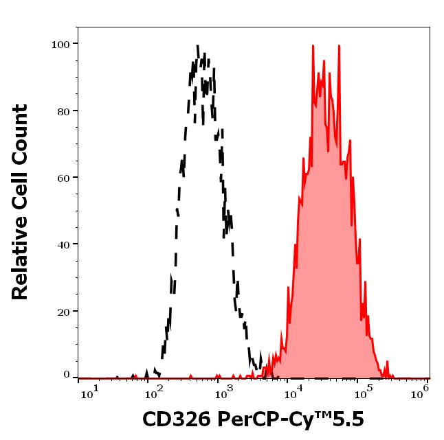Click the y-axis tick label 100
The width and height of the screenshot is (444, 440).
point(61,45)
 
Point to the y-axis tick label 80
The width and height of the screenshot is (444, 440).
point(64,111)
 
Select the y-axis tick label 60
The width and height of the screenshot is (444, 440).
point(64,178)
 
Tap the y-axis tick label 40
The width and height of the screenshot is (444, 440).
point(64,244)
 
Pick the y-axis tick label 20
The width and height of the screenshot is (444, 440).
point(64,311)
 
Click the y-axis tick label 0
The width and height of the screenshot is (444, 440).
point(67,375)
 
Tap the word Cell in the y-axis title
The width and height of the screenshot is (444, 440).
point(21,189)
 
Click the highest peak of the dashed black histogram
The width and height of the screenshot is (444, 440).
point(198,47)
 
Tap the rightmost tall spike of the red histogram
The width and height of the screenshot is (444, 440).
point(338,47)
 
